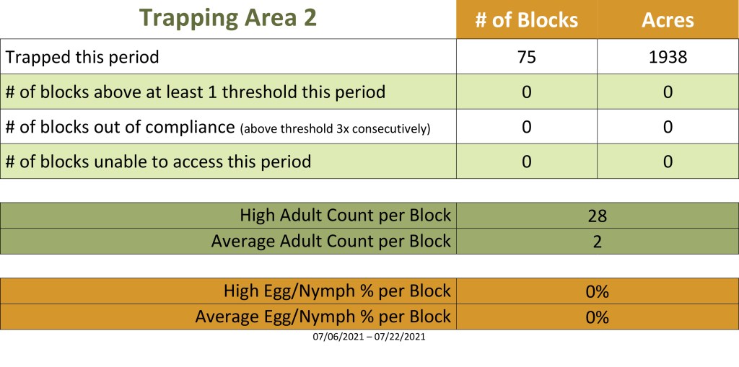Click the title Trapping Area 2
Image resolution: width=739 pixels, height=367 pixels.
tap(228, 18)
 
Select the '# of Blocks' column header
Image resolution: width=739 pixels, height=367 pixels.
tap(526, 20)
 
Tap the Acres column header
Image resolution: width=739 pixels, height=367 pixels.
tap(668, 20)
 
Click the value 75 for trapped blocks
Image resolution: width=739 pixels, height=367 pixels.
tap(526, 57)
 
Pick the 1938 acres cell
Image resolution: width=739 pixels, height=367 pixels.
tap(668, 57)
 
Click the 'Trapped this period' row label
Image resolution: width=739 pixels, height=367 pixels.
tap(82, 58)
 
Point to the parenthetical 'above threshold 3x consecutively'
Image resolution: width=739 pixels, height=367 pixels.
tap(335, 128)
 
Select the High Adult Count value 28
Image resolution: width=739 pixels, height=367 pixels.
tap(597, 216)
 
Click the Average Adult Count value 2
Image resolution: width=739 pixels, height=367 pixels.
tap(597, 242)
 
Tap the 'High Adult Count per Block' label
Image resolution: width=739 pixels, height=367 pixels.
tap(346, 216)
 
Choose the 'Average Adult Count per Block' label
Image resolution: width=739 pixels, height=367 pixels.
tap(331, 242)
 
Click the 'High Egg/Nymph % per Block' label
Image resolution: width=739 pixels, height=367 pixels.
tap(338, 291)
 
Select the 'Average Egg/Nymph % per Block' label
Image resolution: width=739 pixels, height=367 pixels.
tap(323, 317)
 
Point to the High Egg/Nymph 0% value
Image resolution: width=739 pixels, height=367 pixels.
tap(597, 292)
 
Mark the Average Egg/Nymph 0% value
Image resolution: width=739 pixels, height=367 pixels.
tap(597, 317)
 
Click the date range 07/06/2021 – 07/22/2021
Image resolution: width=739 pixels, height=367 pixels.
tap(369, 337)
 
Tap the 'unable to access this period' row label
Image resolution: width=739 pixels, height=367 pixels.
tap(158, 162)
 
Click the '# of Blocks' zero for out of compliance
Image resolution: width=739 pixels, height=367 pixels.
tap(526, 127)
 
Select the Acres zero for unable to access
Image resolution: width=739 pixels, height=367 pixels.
tap(668, 162)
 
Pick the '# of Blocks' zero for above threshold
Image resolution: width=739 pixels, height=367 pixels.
tap(526, 92)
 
